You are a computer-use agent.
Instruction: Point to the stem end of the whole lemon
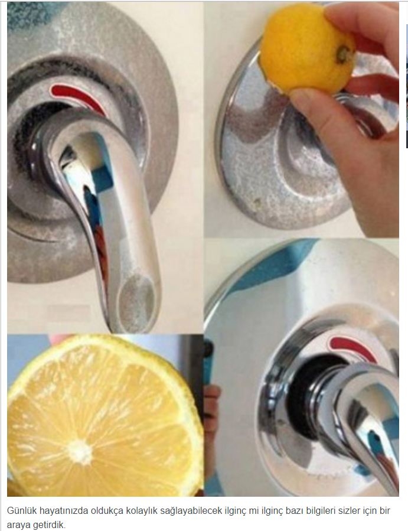point(343,54)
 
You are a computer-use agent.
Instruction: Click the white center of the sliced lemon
point(79,452)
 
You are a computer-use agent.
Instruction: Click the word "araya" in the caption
point(19,526)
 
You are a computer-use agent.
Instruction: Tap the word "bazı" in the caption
point(283,511)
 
